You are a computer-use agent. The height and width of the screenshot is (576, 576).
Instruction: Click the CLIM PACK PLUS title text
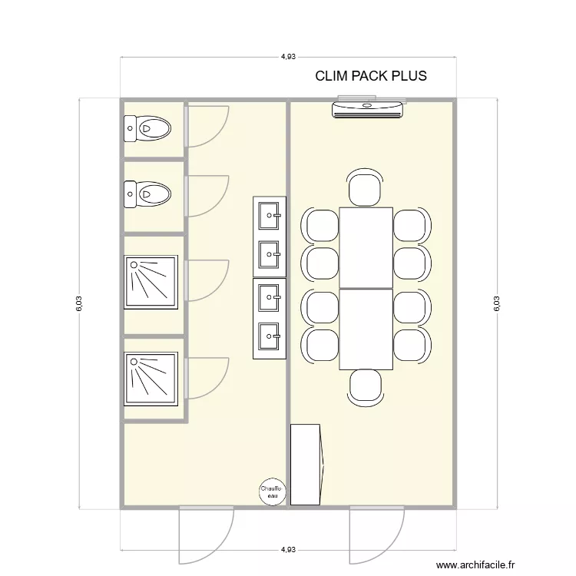pyautogui.click(x=371, y=77)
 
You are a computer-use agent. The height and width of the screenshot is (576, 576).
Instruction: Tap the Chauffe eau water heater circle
pyautogui.click(x=270, y=492)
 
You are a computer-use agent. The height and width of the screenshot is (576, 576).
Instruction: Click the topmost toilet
pyautogui.click(x=148, y=129)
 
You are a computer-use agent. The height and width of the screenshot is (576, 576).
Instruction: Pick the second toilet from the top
pyautogui.click(x=148, y=194)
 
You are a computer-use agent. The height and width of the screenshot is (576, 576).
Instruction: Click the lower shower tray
pyautogui.click(x=151, y=379)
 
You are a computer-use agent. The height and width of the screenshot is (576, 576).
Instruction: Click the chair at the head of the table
pyautogui.click(x=365, y=189)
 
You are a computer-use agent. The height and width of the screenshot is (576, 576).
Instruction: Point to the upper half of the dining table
pyautogui.click(x=366, y=247)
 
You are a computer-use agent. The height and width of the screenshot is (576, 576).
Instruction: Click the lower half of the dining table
pyautogui.click(x=366, y=329)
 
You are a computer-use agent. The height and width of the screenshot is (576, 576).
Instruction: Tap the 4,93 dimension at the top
pyautogui.click(x=288, y=56)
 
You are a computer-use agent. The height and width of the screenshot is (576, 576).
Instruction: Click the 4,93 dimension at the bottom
pyautogui.click(x=288, y=550)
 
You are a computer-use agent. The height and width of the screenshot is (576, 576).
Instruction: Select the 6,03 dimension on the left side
pyautogui.click(x=79, y=304)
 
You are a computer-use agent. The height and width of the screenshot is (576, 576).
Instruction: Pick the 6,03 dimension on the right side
pyautogui.click(x=496, y=304)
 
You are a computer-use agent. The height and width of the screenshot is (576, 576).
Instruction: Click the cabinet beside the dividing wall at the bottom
pyautogui.click(x=306, y=464)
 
